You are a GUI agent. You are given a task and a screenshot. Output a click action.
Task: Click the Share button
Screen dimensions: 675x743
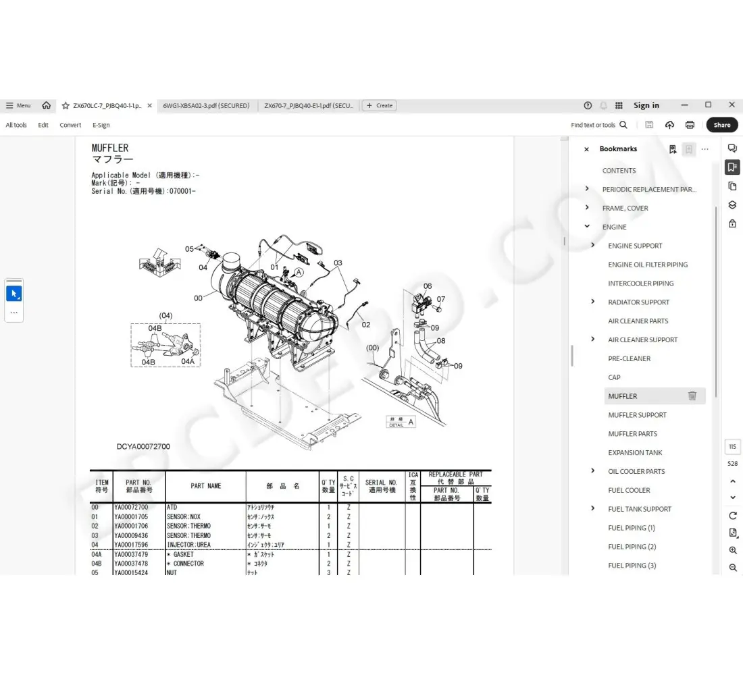click(x=721, y=125)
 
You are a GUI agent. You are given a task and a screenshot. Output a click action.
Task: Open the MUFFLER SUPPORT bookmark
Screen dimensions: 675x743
click(x=637, y=415)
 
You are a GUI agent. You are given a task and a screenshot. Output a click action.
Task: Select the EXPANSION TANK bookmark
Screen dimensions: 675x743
click(x=635, y=453)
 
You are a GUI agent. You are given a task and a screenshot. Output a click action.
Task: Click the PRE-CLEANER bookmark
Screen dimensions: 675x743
click(x=629, y=358)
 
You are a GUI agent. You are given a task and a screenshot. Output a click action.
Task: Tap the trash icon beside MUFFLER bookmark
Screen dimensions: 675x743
click(x=692, y=396)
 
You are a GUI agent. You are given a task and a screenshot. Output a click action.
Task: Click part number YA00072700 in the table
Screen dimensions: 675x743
click(x=131, y=507)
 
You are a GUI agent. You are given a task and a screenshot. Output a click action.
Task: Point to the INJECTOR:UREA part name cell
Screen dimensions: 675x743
click(x=188, y=545)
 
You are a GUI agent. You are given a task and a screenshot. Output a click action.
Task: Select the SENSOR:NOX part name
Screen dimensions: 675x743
click(x=184, y=516)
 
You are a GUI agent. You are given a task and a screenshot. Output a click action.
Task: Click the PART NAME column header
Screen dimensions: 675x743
click(x=205, y=486)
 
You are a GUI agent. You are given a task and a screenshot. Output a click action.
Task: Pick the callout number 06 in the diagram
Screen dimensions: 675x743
click(x=427, y=286)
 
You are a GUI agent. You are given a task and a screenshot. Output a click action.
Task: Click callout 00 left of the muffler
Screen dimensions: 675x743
click(x=198, y=298)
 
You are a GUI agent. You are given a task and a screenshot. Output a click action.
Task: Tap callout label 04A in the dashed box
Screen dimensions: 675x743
click(x=188, y=361)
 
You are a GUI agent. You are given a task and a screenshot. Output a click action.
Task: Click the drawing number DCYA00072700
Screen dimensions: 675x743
click(x=143, y=447)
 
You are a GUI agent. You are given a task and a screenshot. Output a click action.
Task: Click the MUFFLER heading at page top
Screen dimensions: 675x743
click(x=110, y=148)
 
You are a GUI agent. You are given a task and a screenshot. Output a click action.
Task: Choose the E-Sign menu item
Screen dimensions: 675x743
click(x=101, y=125)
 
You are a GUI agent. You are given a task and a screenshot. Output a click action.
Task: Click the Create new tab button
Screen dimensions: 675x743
click(x=379, y=105)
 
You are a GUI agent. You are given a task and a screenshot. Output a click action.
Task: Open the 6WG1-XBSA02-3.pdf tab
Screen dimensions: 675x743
click(x=206, y=105)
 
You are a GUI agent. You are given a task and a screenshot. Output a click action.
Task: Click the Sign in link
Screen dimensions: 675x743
click(x=646, y=105)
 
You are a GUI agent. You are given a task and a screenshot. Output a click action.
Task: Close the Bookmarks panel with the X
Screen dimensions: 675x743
click(x=586, y=149)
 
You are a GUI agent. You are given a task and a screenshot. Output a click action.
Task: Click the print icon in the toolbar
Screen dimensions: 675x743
click(x=690, y=125)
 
